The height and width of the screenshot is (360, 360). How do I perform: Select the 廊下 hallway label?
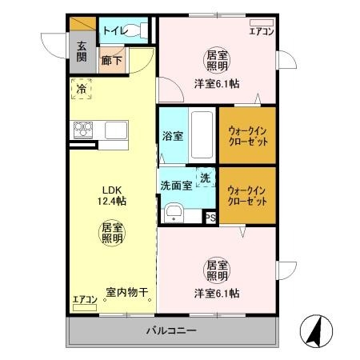[111, 59]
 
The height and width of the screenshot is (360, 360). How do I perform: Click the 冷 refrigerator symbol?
[81, 90]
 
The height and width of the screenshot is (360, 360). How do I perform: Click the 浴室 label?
[172, 136]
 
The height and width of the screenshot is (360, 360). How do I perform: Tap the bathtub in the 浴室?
[202, 134]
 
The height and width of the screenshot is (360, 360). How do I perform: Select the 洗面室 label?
[176, 186]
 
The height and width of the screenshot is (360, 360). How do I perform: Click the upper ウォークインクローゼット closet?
[247, 134]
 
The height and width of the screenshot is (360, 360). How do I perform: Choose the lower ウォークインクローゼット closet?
[247, 195]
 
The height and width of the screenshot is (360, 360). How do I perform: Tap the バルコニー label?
[170, 330]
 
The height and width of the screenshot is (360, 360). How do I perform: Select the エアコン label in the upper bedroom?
[261, 32]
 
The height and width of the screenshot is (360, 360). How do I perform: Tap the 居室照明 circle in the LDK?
[111, 233]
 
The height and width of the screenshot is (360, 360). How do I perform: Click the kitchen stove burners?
[84, 129]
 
